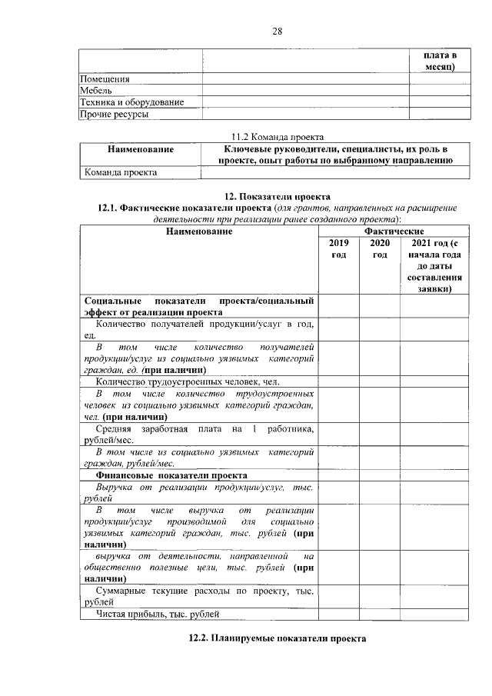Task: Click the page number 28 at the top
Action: click(278, 32)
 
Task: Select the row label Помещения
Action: click(105, 78)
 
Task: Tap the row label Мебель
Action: click(97, 90)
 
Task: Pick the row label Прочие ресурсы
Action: click(115, 114)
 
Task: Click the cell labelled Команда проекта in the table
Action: click(121, 172)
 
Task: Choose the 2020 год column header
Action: click(379, 248)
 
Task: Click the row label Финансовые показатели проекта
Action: click(176, 475)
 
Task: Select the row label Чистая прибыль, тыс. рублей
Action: click(158, 614)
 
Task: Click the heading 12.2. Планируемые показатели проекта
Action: click(278, 638)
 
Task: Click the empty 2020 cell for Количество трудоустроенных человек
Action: click(379, 381)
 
